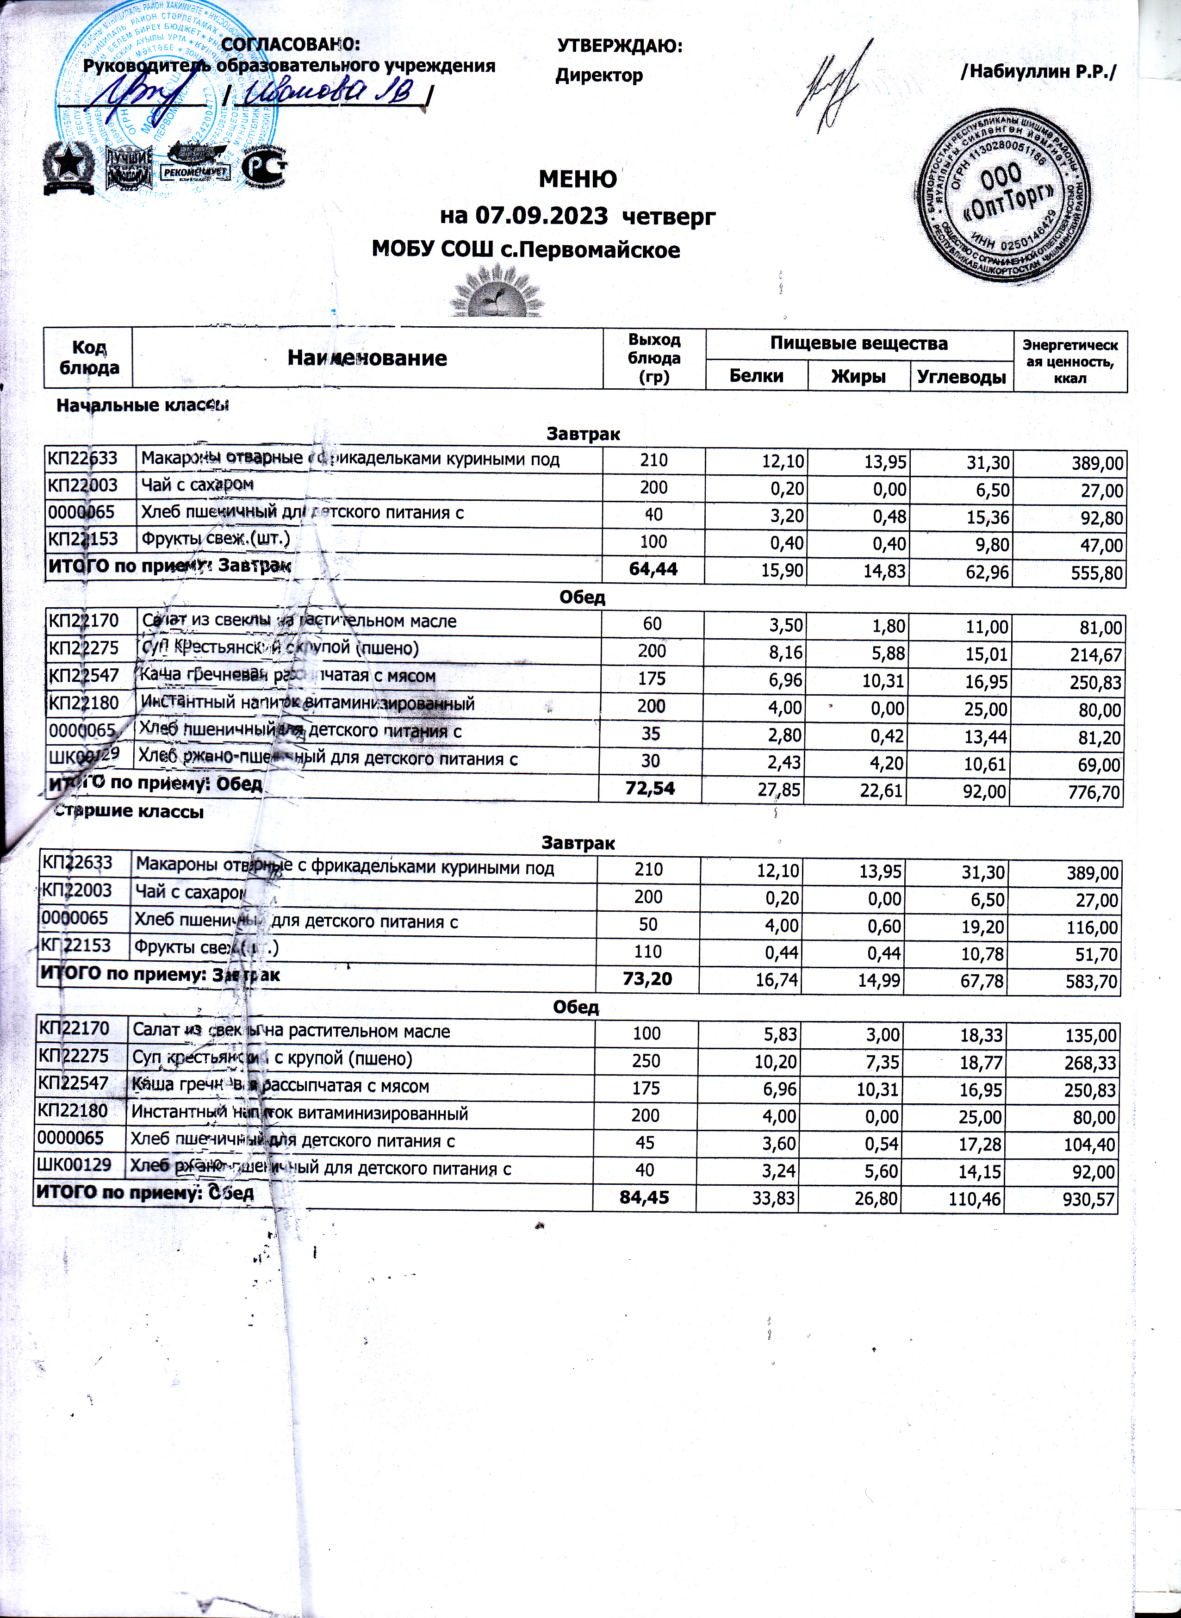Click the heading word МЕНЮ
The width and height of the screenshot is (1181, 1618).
pyautogui.click(x=577, y=179)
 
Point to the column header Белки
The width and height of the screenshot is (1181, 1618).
pyautogui.click(x=756, y=375)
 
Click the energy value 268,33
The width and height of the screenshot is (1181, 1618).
pyautogui.click(x=1089, y=1063)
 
